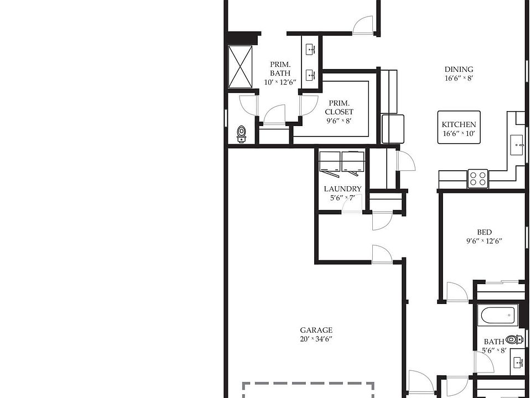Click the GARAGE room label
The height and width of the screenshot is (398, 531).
316,330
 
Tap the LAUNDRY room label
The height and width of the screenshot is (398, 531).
342,188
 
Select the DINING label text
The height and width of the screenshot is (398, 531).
459,69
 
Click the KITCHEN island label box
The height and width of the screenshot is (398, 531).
459,128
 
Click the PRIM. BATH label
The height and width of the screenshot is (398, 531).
280,69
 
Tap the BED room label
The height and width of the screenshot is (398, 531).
484,232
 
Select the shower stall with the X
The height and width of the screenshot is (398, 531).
240,66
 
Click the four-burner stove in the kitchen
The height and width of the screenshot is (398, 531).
478,179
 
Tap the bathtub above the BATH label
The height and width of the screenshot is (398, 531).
498,316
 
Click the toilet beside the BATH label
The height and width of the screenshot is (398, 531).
514,339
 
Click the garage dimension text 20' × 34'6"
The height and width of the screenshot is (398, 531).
316,339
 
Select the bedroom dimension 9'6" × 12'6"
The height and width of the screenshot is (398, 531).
484,241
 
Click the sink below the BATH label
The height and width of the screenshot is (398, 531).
518,363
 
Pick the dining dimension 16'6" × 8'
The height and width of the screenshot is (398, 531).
459,78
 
